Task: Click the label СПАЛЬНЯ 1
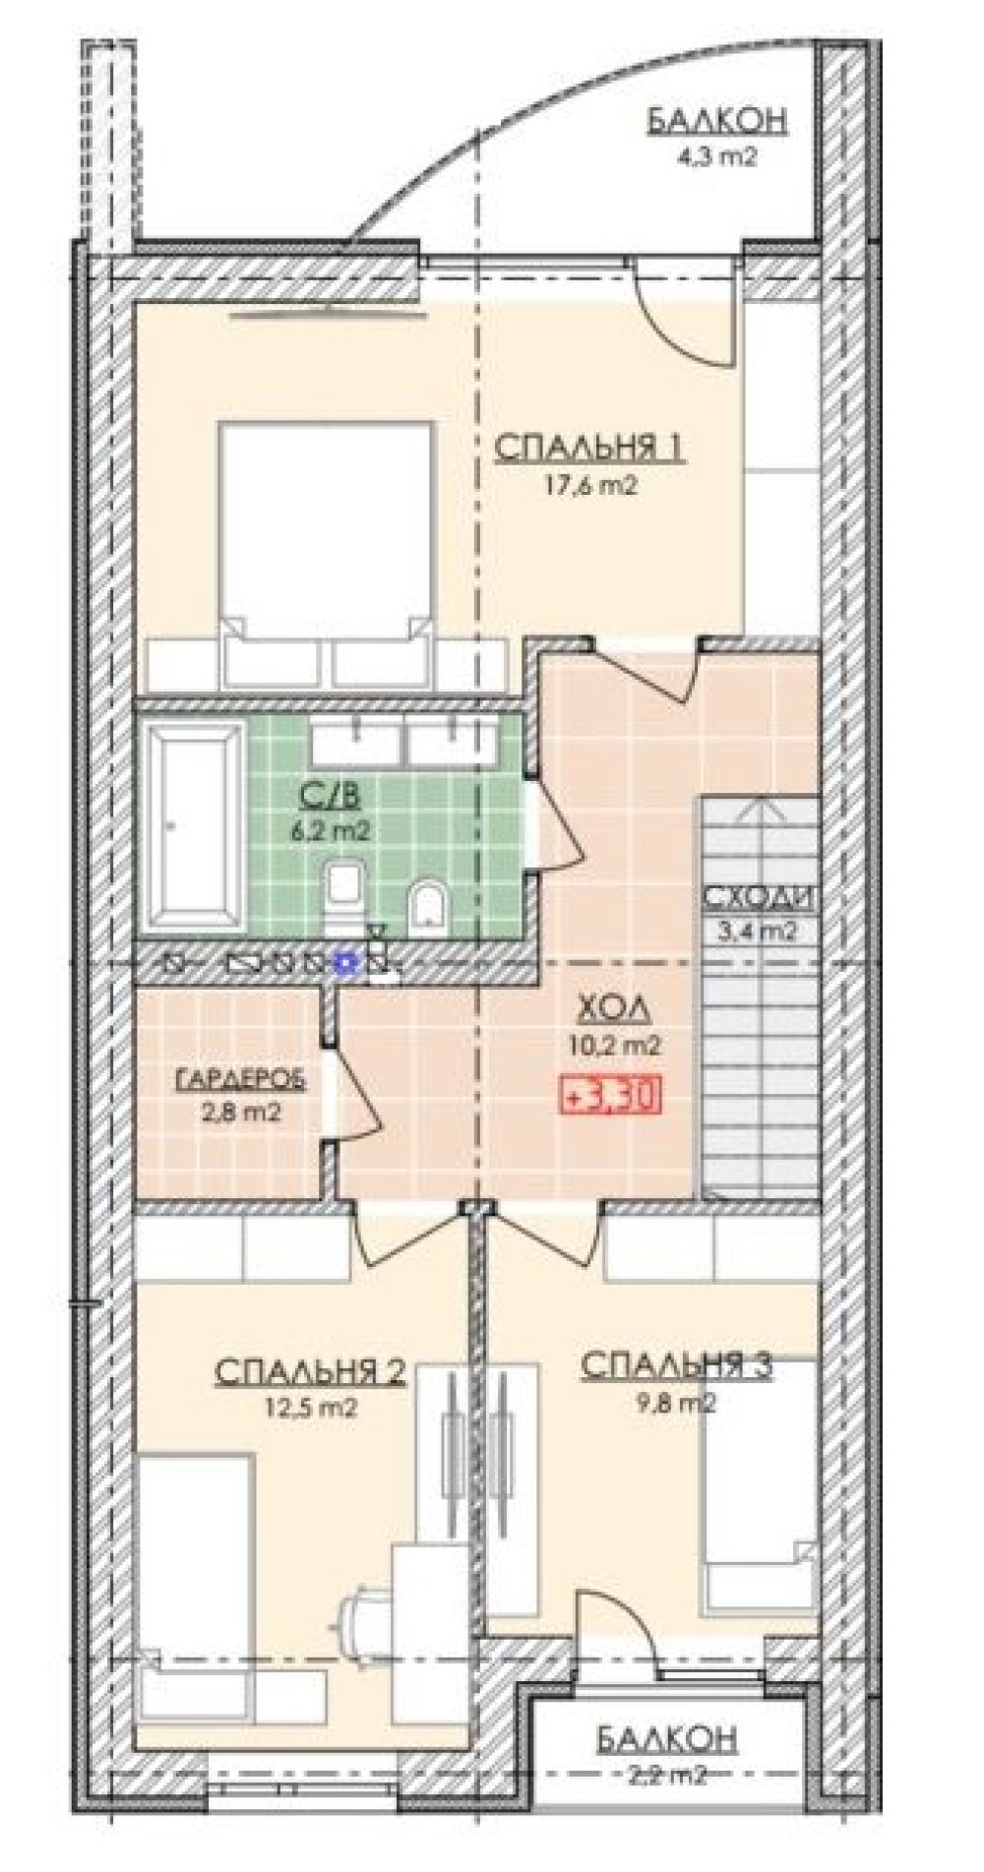point(589,448)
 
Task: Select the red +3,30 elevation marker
point(609,1094)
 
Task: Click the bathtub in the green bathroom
point(194,826)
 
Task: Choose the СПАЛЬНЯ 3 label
point(678,1365)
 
